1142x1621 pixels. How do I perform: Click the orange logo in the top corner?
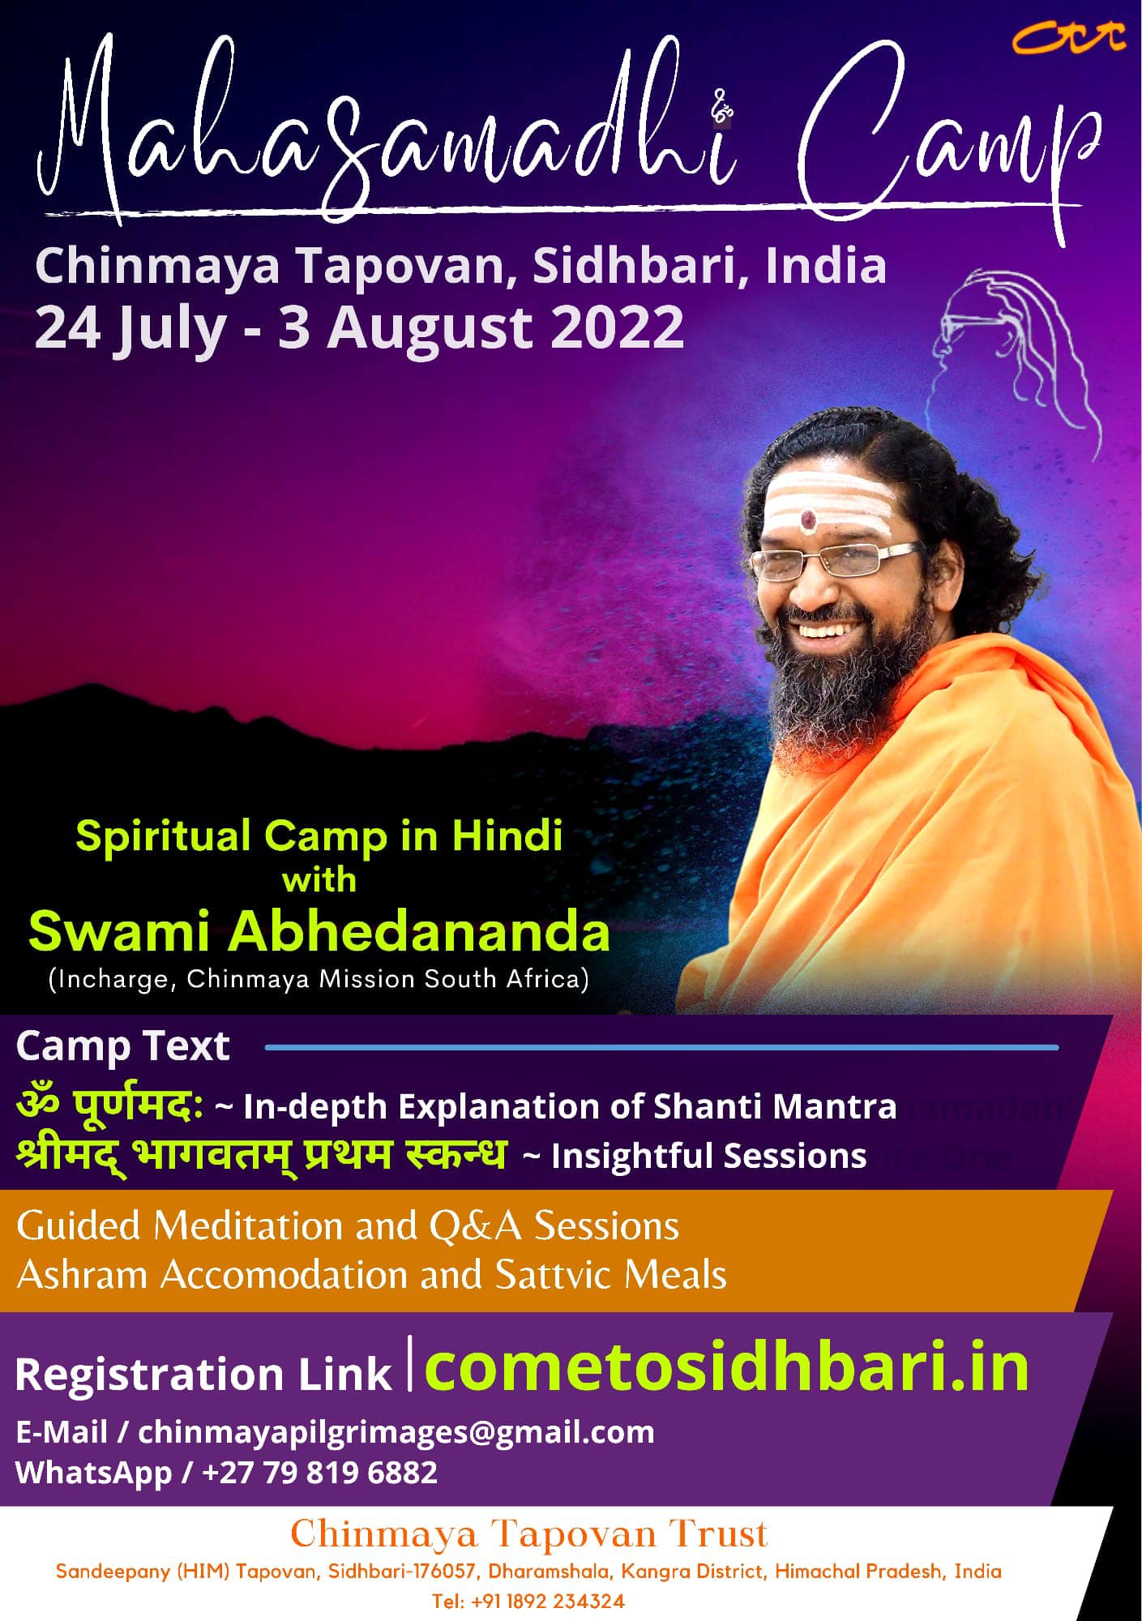coord(1070,36)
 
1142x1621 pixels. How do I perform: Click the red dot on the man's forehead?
coord(809,519)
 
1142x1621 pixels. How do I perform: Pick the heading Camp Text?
coord(122,1046)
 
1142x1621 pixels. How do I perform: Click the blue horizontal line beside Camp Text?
coord(661,1047)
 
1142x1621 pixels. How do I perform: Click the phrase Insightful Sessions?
coord(709,1156)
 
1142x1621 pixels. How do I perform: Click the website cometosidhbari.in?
coord(726,1368)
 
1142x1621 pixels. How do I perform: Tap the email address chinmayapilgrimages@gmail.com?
coord(396,1432)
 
